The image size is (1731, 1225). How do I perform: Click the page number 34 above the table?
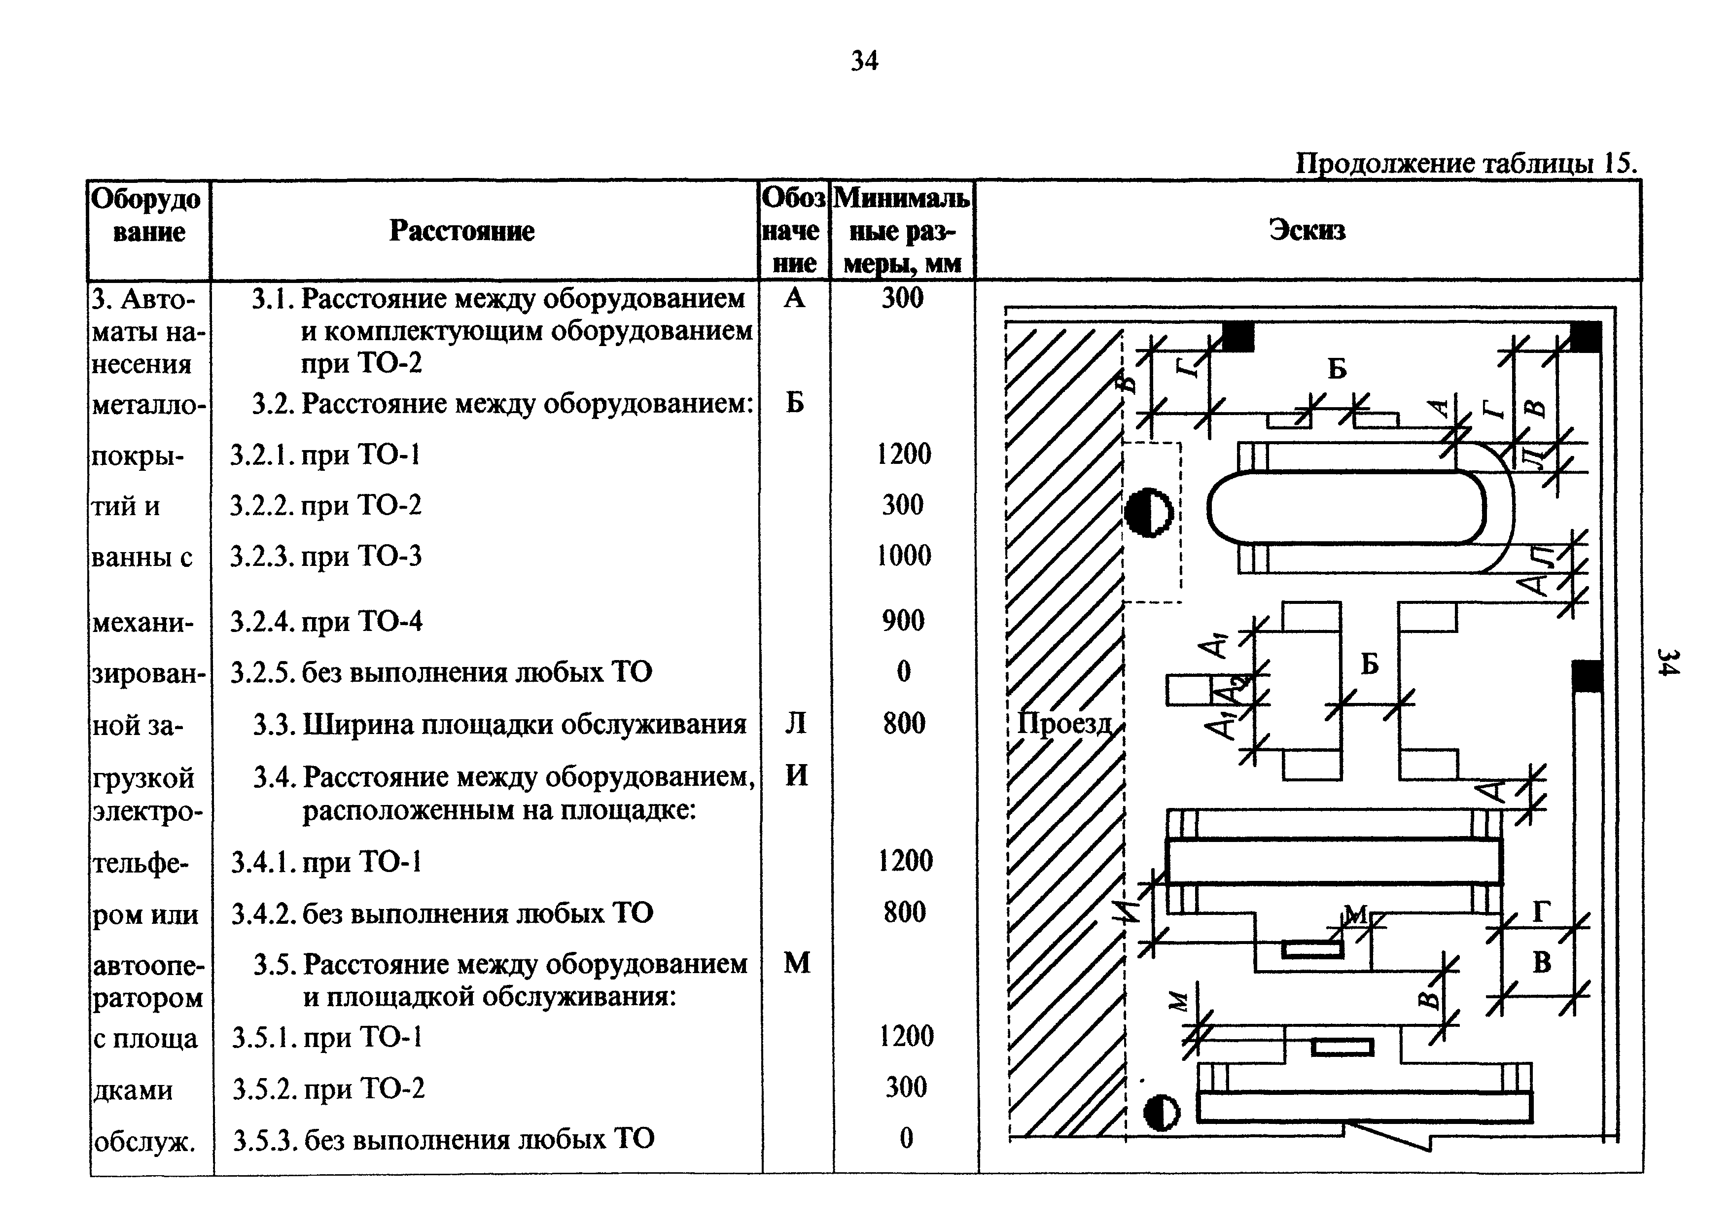pyautogui.click(x=864, y=60)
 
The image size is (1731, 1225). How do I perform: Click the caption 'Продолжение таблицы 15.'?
pyautogui.click(x=1465, y=163)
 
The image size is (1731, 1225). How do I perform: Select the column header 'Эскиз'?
pyautogui.click(x=1307, y=230)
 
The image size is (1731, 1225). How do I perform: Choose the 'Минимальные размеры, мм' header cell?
pyautogui.click(x=902, y=231)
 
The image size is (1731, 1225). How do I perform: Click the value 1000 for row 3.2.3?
pyautogui.click(x=904, y=556)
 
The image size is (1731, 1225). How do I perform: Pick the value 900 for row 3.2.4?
pyautogui.click(x=903, y=621)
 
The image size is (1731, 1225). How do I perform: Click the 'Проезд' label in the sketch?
pyautogui.click(x=1064, y=723)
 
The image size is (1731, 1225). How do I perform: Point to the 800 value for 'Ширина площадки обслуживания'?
pyautogui.click(x=904, y=723)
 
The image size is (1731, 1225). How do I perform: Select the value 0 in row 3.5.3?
pyautogui.click(x=906, y=1138)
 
